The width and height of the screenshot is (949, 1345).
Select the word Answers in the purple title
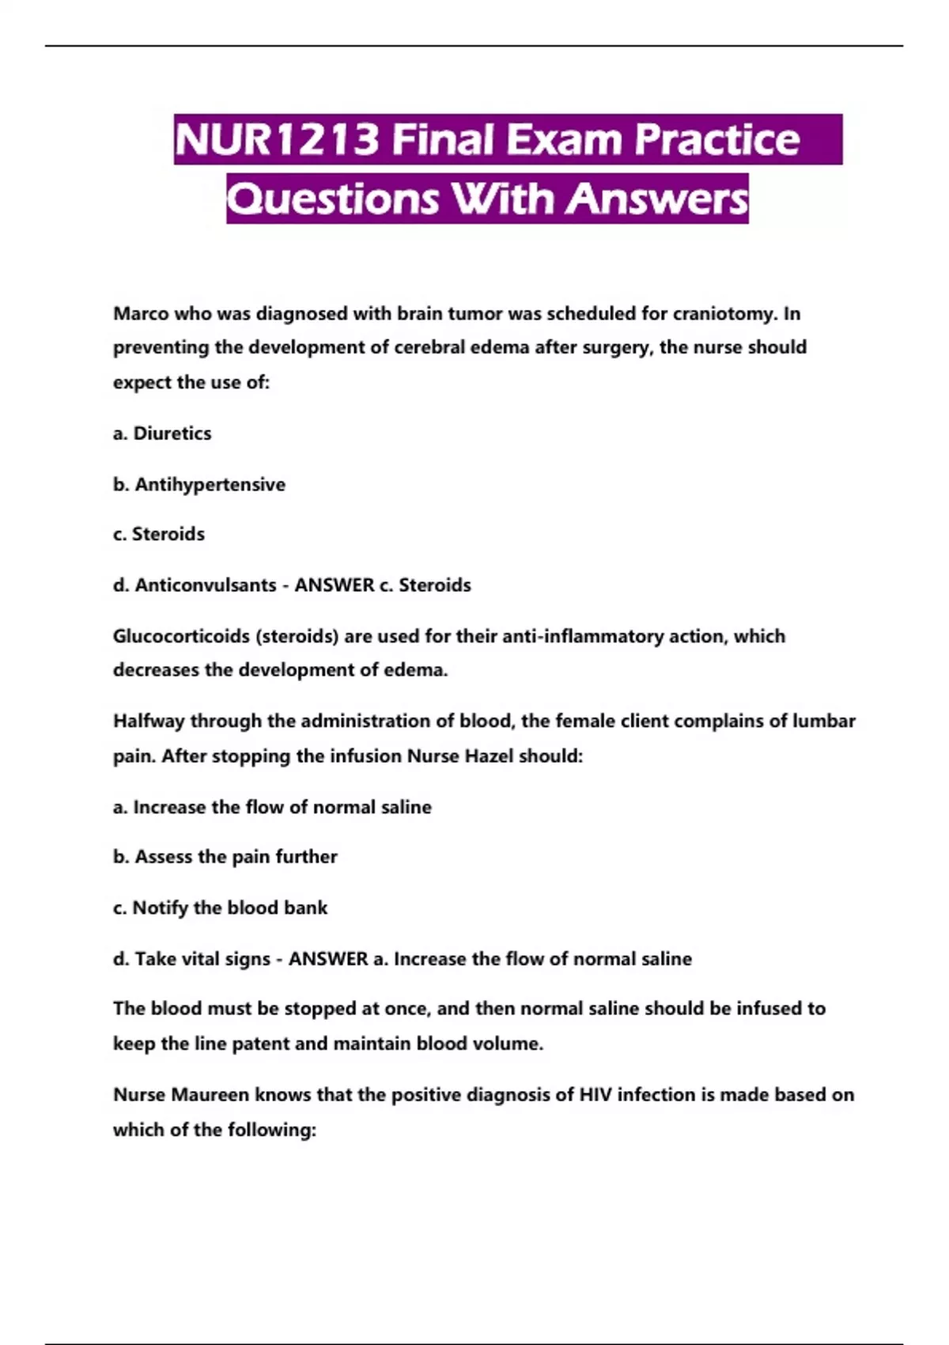[x=656, y=199]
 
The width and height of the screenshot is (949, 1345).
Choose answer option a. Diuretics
[x=162, y=434]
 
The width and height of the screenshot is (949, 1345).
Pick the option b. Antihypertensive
[x=199, y=484]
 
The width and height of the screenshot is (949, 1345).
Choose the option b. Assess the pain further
[x=225, y=857]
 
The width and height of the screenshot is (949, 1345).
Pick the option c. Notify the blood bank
[x=220, y=907]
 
